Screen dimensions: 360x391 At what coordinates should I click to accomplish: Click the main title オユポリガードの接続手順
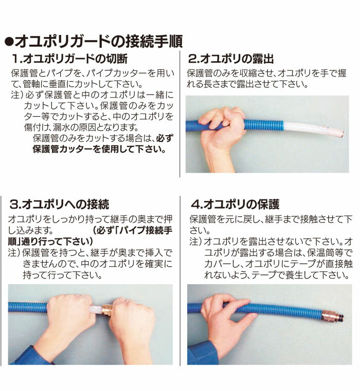(99, 41)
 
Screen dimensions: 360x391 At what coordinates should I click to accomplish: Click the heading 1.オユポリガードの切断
(69, 59)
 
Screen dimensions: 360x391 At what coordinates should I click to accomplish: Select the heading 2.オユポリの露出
(231, 59)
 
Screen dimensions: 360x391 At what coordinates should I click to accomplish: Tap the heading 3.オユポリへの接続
(59, 204)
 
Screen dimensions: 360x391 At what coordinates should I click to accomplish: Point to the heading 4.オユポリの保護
(235, 204)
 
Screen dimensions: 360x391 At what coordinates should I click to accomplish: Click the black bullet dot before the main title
(9, 42)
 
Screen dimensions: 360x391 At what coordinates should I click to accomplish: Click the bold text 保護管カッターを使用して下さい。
(99, 149)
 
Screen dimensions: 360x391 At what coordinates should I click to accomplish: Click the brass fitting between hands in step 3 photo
(107, 310)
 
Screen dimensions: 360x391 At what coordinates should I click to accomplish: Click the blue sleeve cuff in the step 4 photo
(202, 353)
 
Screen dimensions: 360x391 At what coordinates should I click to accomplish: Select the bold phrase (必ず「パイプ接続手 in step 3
(133, 230)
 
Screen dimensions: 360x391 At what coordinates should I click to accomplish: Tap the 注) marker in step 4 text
(195, 241)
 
